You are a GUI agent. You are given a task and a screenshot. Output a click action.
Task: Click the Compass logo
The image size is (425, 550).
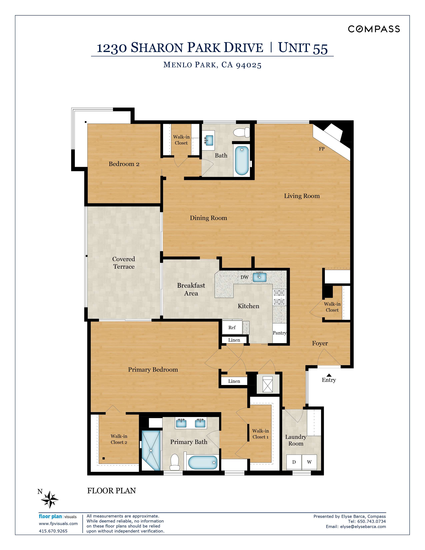[374, 29]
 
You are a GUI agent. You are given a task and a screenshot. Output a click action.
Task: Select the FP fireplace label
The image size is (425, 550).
[321, 149]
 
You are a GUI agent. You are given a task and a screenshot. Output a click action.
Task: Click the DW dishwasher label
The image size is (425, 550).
[244, 277]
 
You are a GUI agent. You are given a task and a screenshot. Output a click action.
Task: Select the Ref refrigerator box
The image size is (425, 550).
[232, 327]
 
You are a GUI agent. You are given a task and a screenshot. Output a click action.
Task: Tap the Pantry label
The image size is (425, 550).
[279, 333]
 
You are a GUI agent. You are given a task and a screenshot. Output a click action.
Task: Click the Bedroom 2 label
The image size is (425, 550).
[124, 164]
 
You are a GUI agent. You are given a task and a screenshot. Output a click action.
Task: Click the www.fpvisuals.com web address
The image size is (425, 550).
[58, 523]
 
